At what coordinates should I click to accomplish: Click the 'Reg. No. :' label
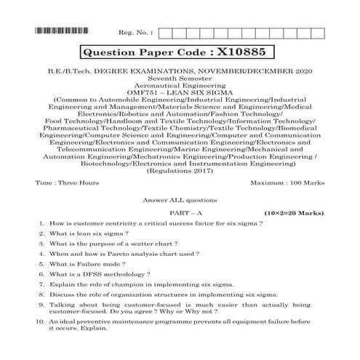point(135,33)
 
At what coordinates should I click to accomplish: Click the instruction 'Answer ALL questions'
point(180,201)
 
